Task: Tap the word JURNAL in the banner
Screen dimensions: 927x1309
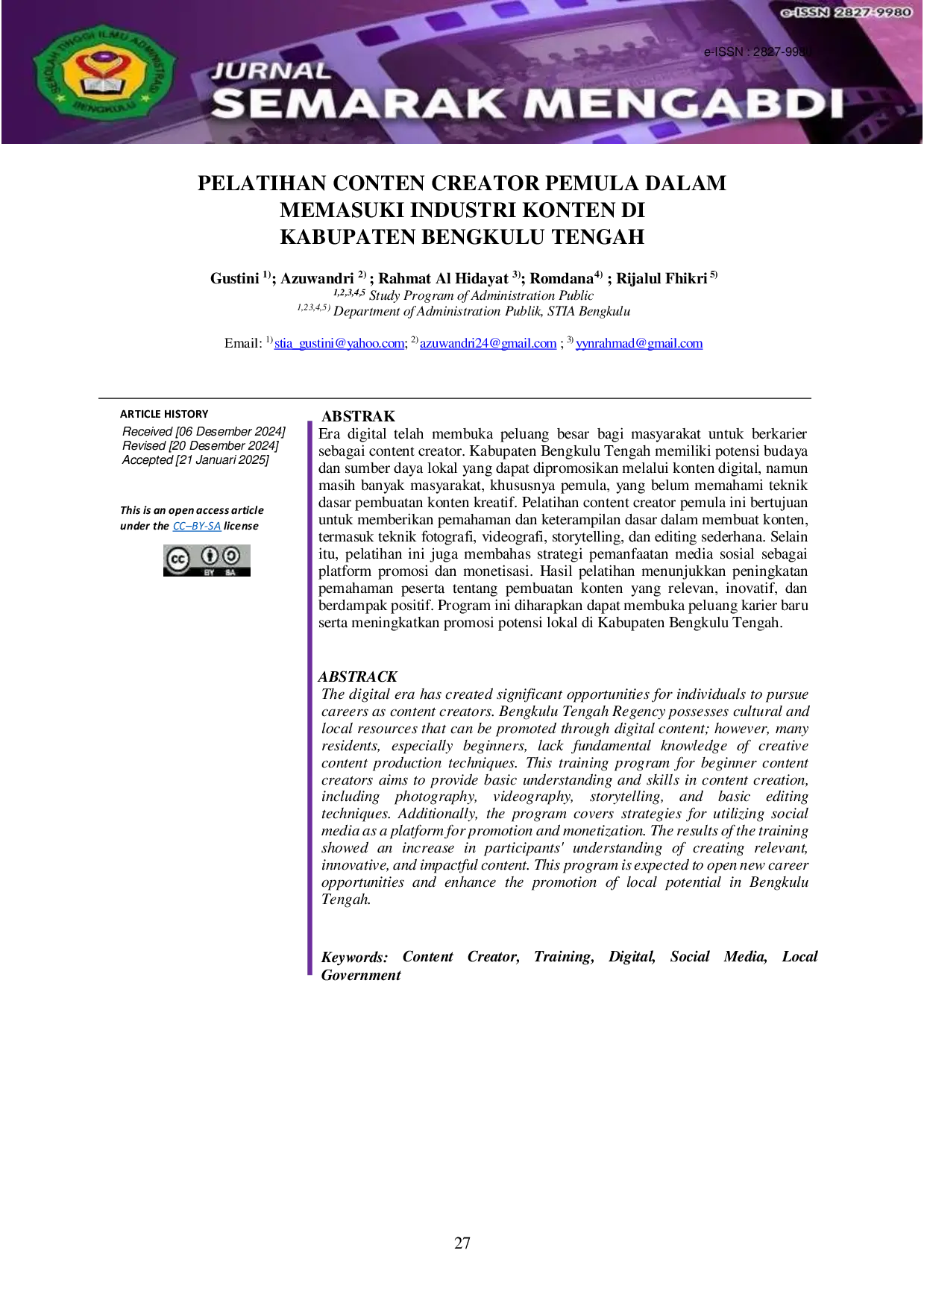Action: (x=271, y=71)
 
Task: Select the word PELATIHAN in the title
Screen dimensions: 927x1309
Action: (x=262, y=183)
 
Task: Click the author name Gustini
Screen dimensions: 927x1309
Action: (x=234, y=278)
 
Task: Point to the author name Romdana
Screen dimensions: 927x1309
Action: (x=562, y=278)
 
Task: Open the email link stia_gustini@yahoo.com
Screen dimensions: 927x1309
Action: (x=339, y=343)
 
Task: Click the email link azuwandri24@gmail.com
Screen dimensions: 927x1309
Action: (x=488, y=343)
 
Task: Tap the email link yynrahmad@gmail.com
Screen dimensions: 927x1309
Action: (x=639, y=343)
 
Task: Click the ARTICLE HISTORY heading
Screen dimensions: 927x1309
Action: (x=164, y=414)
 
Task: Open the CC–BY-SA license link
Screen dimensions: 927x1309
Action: (x=197, y=526)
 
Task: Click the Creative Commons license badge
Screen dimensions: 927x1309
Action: (x=207, y=560)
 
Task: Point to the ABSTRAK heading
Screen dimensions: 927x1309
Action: (x=358, y=416)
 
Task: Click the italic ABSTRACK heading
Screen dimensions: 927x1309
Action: (x=358, y=677)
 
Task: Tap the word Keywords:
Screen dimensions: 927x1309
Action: (x=355, y=957)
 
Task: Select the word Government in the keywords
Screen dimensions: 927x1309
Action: (x=361, y=976)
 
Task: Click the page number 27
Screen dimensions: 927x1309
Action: (x=462, y=1243)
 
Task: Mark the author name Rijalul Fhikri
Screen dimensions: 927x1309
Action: (x=662, y=278)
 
